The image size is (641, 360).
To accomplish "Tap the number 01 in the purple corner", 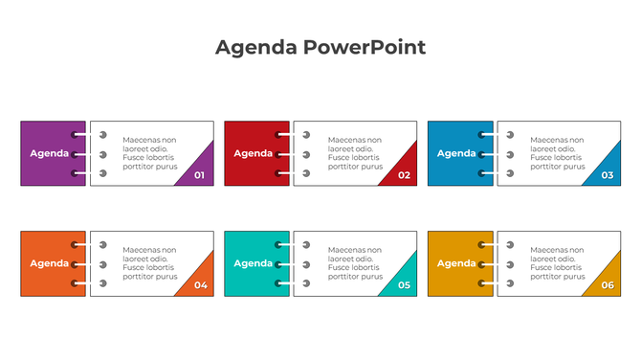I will (199, 175).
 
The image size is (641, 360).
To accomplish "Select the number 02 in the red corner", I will (404, 175).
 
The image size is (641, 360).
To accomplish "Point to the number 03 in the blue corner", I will (608, 175).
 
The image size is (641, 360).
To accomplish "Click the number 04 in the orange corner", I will (200, 285).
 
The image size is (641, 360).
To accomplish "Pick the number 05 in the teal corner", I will (404, 285).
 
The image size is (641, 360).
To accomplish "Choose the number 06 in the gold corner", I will (608, 285).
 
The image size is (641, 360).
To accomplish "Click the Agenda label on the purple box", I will (50, 153).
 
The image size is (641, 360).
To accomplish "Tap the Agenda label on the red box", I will (254, 153).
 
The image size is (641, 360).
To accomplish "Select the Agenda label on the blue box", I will (456, 153).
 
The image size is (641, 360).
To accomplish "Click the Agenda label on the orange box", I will (50, 263).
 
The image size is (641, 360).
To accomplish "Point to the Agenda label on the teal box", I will (254, 263).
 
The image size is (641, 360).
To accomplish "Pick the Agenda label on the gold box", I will (456, 263).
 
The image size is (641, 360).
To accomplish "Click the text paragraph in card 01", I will (150, 153).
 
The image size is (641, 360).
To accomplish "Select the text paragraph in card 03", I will (557, 153).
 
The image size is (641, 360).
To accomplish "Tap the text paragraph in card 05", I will (354, 263).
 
